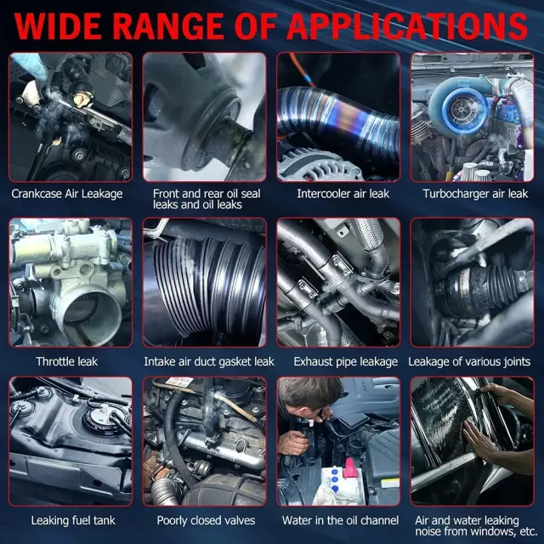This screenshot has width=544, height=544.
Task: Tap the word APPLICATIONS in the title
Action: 407,26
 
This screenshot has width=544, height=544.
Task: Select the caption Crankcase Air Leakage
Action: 67,194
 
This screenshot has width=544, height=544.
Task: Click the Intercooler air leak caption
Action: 343,194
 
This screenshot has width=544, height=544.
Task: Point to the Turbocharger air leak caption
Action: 475,194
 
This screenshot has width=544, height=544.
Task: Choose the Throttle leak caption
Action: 66,361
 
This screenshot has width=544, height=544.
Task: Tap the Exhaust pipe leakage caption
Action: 346,361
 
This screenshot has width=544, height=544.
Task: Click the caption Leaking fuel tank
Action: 73,520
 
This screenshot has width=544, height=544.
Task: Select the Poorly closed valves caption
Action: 206,520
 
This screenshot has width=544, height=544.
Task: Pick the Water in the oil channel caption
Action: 340,520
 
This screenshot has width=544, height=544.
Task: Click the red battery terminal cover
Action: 349,467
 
